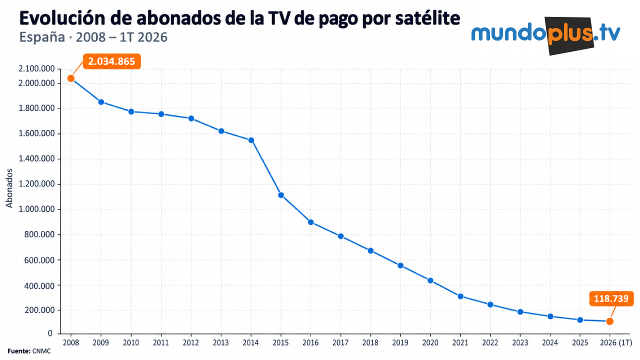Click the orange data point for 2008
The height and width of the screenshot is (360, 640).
(x=71, y=78)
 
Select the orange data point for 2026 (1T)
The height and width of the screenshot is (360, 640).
(x=609, y=321)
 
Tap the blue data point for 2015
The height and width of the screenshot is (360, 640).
(x=281, y=195)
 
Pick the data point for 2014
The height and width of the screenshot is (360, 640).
(x=251, y=140)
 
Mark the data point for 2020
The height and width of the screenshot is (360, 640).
(x=430, y=280)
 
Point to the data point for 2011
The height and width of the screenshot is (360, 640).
(x=161, y=114)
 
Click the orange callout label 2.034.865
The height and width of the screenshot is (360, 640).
(x=111, y=61)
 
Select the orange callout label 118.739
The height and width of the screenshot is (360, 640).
(x=611, y=298)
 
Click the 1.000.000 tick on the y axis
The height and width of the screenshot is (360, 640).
(x=36, y=209)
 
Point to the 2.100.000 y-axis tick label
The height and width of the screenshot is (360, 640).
(x=36, y=68)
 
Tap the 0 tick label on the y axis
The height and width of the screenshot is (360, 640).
(x=50, y=333)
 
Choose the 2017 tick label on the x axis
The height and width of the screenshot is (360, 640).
(x=340, y=342)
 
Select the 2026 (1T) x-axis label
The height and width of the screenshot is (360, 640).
(x=616, y=342)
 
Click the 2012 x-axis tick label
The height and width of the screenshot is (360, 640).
(x=191, y=342)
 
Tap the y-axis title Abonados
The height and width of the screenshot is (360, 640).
(x=9, y=188)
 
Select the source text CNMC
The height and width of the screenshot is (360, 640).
(x=41, y=351)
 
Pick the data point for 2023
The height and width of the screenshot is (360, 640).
(x=520, y=311)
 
